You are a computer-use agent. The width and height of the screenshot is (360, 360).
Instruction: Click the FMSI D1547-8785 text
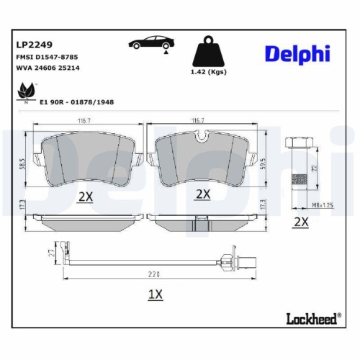point(47,55)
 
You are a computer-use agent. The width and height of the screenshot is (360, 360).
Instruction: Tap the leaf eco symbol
point(27,91)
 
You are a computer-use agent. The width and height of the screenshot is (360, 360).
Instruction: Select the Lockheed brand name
point(308,318)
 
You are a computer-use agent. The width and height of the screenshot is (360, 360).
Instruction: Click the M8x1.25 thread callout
point(302,204)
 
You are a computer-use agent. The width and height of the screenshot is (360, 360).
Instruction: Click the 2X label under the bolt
point(300,222)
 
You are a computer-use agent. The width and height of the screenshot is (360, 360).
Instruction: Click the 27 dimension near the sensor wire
point(50,254)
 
